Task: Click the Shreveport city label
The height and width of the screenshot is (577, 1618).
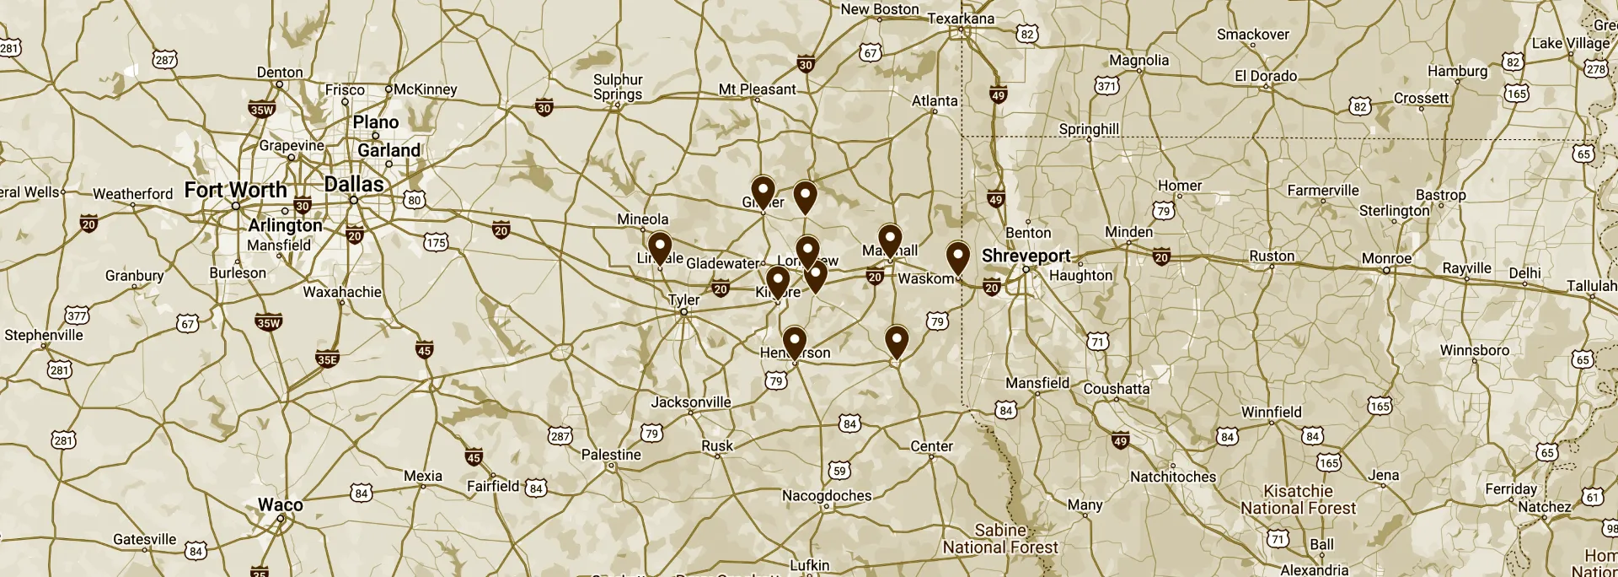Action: point(1026,255)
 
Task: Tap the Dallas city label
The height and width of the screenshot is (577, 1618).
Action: point(354,184)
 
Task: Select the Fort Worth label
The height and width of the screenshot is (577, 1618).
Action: point(236,190)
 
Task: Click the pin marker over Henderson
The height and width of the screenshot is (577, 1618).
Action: point(795,342)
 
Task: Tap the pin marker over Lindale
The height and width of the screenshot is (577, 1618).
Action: point(660,247)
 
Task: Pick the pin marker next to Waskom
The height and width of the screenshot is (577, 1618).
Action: point(957,256)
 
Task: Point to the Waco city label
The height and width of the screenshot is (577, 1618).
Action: point(280,504)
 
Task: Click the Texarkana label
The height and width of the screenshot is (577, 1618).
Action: point(961,18)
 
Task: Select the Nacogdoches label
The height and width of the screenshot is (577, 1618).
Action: point(827,495)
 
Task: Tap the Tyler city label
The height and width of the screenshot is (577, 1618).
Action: point(683,299)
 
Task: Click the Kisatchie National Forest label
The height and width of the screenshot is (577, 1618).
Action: point(1298,499)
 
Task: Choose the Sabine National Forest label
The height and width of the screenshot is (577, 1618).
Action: point(1000,538)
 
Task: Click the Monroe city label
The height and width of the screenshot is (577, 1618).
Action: point(1386,258)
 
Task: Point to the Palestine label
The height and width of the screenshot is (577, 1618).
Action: point(611,455)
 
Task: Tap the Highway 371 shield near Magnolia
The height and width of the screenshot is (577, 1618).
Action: point(1106,86)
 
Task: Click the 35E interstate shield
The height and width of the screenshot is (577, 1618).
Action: point(327,359)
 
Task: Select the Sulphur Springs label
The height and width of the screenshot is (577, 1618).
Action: point(618,87)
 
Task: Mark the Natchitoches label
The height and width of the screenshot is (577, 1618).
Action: point(1173,477)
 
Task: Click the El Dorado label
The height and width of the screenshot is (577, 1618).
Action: point(1266,76)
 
